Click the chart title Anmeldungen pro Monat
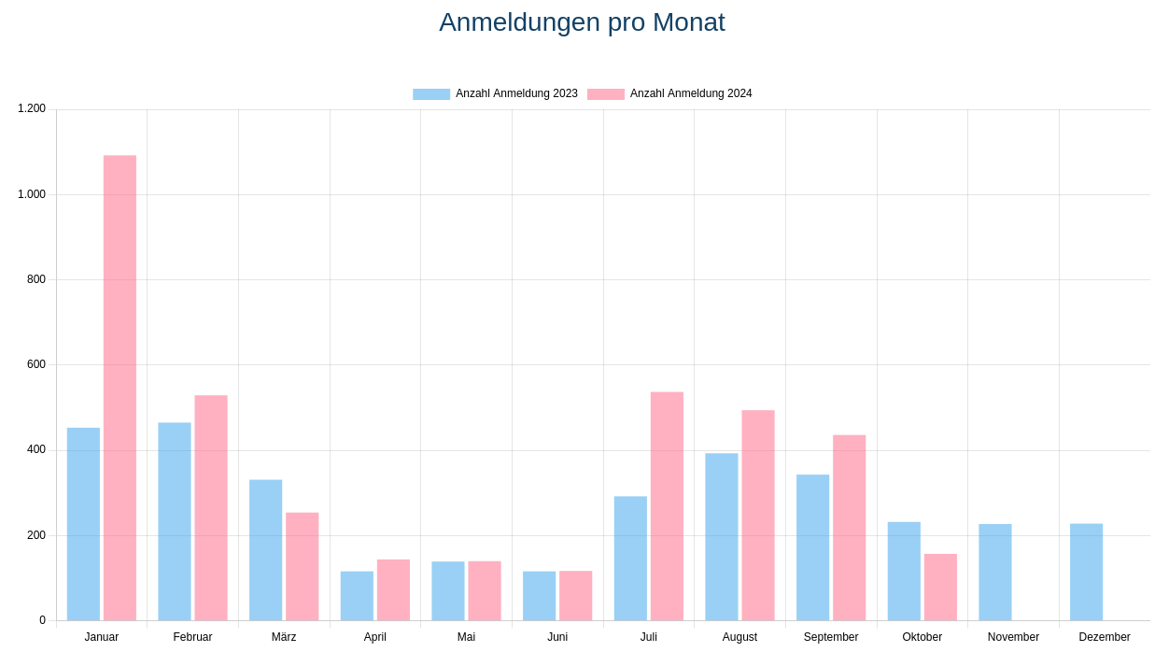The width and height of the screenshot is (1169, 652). (x=582, y=22)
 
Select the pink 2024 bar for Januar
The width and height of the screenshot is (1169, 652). (x=120, y=388)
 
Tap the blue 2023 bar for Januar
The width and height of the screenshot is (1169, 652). (x=83, y=524)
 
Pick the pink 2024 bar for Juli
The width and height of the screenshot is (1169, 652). (x=667, y=506)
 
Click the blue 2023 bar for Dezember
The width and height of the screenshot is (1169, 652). (x=1086, y=572)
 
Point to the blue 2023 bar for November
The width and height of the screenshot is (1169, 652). (x=994, y=572)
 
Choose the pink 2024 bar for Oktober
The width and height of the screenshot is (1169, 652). (x=940, y=587)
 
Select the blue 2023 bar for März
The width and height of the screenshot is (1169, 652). (x=265, y=550)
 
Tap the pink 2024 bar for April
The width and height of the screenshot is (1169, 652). (x=393, y=589)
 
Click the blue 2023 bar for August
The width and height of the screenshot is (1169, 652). (x=721, y=537)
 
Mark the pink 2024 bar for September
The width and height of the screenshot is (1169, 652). (x=849, y=528)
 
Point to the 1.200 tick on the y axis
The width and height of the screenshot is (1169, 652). (x=32, y=108)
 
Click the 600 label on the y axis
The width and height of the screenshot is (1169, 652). (x=36, y=364)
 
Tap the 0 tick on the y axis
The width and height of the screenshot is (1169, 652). (x=42, y=620)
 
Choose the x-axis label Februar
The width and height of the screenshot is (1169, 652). (x=192, y=637)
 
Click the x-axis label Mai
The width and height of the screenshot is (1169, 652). (x=466, y=637)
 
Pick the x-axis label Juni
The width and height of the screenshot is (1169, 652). (x=557, y=637)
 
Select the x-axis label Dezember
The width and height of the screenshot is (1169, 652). (x=1105, y=637)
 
